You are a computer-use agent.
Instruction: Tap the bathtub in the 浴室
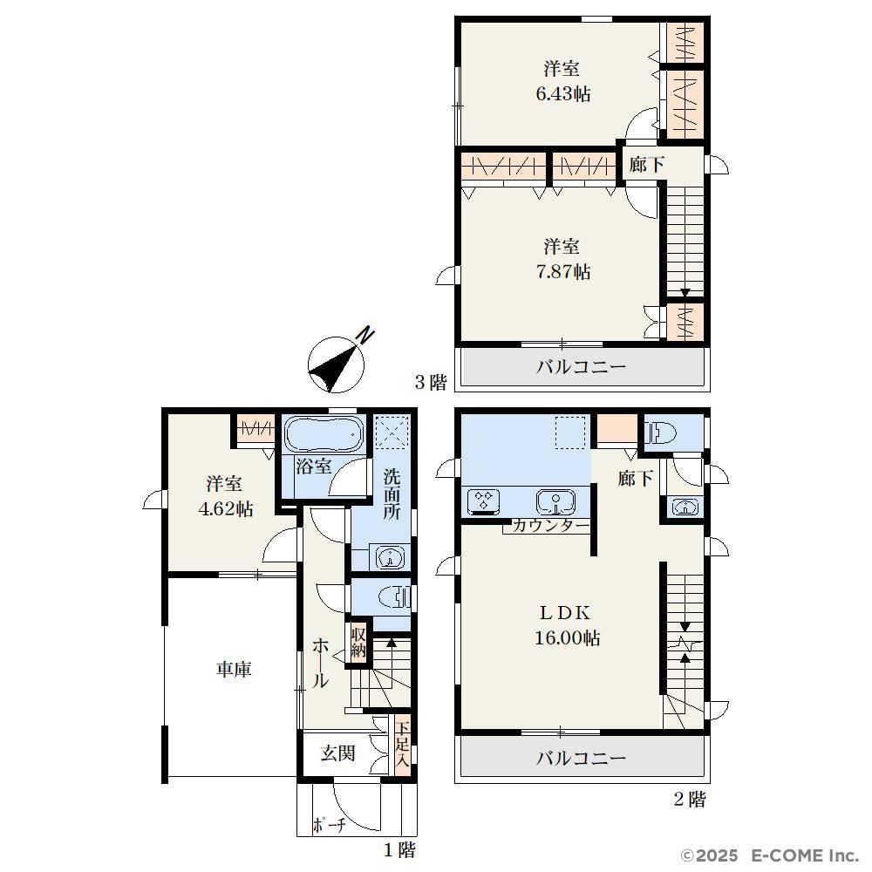[324, 433]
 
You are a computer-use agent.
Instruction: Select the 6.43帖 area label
[562, 93]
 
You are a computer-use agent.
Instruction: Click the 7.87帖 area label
[562, 271]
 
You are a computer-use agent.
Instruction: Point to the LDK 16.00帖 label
[567, 624]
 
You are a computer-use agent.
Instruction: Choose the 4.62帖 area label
[226, 508]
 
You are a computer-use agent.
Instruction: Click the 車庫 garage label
[234, 669]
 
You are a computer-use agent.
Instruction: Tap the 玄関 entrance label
[337, 753]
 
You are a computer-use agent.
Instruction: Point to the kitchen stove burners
[483, 501]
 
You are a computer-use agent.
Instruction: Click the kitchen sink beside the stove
[555, 501]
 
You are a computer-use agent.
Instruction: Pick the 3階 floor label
[431, 382]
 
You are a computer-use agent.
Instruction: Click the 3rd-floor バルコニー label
[581, 366]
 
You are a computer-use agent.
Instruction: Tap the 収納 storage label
[358, 643]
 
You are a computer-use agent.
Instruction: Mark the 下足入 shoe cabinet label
[403, 745]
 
